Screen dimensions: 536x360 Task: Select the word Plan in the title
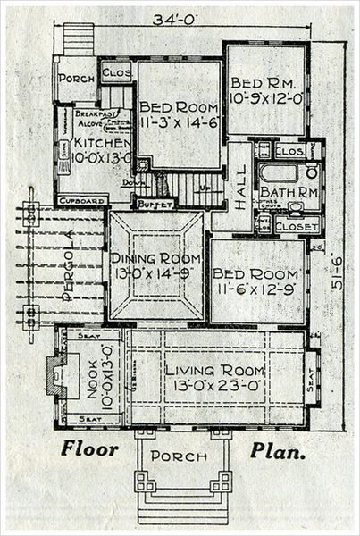click(278, 449)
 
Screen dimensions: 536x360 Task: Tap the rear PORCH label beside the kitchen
click(77, 78)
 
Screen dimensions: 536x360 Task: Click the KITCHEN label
click(94, 142)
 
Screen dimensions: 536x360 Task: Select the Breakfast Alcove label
click(93, 117)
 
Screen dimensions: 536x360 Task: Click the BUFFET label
click(154, 205)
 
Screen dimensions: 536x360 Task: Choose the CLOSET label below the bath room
click(297, 228)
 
